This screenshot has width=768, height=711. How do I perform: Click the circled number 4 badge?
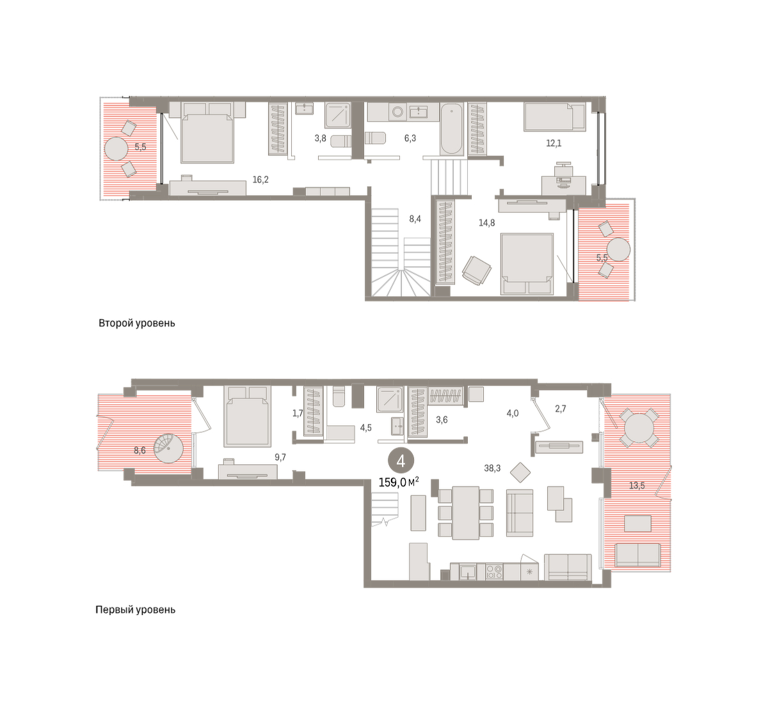click(x=401, y=461)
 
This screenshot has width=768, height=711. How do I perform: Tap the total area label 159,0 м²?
click(x=399, y=483)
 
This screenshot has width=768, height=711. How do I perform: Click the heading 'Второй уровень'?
click(x=137, y=323)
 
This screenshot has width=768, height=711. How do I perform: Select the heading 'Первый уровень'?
click(x=135, y=610)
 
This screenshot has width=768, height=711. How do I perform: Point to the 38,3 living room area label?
click(x=492, y=468)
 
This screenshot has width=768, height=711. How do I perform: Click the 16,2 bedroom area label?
click(x=260, y=180)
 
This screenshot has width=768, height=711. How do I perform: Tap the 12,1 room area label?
click(x=554, y=143)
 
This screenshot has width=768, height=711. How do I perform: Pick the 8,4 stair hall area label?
click(x=415, y=219)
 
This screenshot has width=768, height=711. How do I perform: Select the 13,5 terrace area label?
click(x=637, y=486)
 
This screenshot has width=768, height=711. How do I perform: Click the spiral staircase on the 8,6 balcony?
click(x=168, y=448)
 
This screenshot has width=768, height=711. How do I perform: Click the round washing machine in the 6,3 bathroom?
click(x=397, y=112)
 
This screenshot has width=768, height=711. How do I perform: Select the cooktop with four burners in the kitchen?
click(x=494, y=572)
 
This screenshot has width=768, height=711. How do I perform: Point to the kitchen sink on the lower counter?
click(x=468, y=572)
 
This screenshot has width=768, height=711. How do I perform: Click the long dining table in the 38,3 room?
click(x=465, y=513)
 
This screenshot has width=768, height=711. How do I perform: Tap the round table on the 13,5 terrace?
click(x=639, y=428)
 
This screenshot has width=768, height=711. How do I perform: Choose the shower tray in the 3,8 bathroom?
click(x=337, y=114)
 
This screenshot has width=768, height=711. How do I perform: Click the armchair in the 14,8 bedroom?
click(x=476, y=270)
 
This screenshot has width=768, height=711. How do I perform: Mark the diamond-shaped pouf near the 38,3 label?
click(x=520, y=473)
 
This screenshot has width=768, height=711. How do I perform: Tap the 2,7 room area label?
click(x=561, y=409)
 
